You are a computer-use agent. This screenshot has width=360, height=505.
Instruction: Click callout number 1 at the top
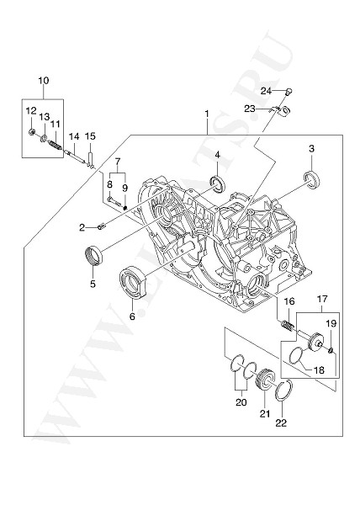click(x=205, y=113)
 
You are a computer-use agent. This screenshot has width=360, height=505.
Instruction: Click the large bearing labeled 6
click(x=135, y=283)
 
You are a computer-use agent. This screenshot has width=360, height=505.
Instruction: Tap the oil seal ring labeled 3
click(x=311, y=178)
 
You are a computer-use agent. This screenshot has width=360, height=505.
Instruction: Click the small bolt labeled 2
click(x=102, y=224)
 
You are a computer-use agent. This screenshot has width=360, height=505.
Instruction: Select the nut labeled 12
click(x=31, y=131)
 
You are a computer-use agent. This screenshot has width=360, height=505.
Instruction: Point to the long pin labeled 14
click(x=76, y=153)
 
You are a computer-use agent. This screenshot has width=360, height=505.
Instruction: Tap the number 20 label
click(x=241, y=402)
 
